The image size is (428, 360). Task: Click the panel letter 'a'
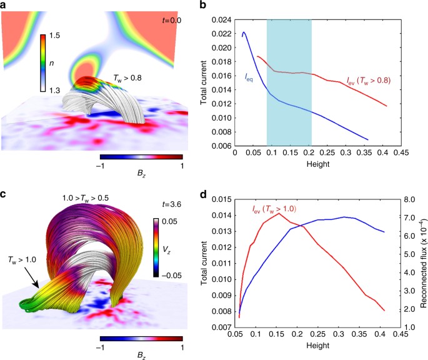pyautogui.click(x=4, y=6)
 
